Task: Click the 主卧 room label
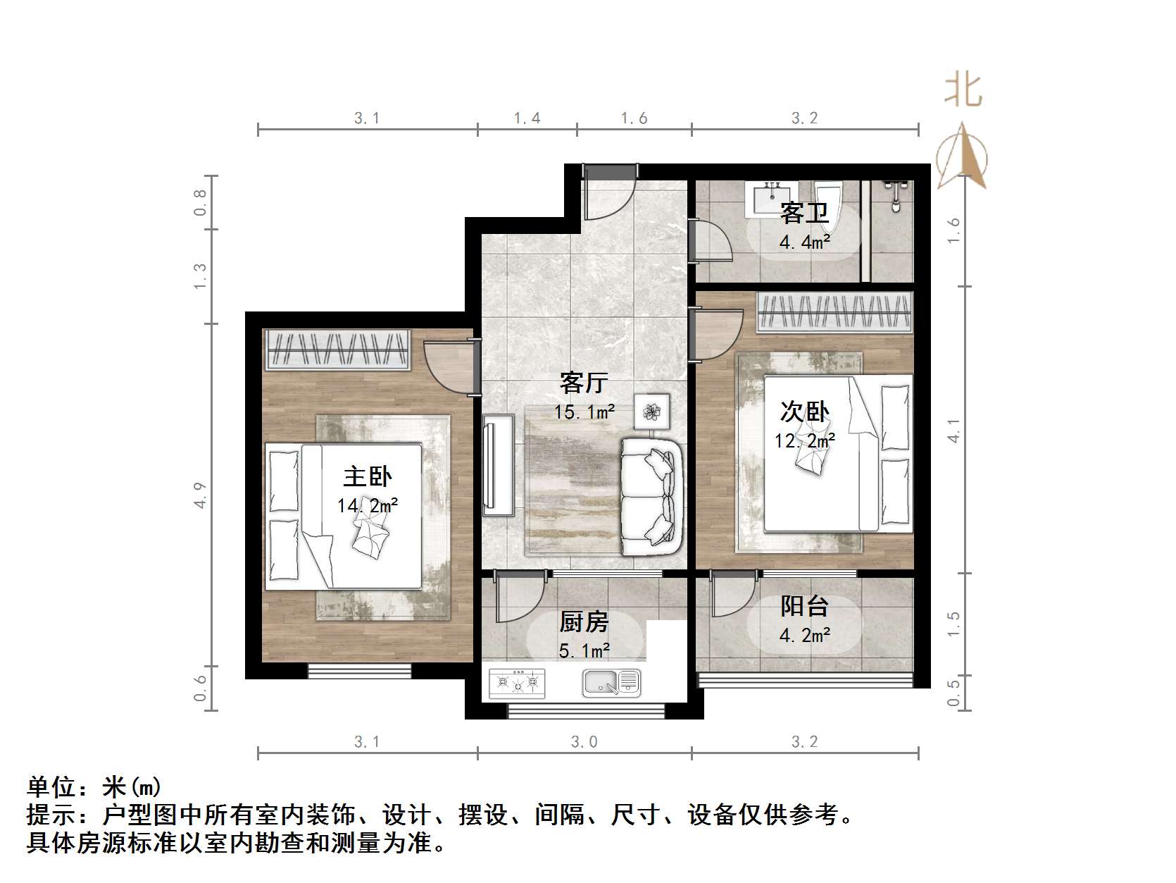pyautogui.click(x=367, y=477)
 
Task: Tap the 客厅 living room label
pyautogui.click(x=584, y=383)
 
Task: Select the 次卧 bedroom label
pyautogui.click(x=804, y=412)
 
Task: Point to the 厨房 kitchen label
pyautogui.click(x=583, y=622)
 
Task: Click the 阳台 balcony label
pyautogui.click(x=804, y=606)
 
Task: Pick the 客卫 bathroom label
pyautogui.click(x=804, y=212)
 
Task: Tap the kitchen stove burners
pyautogui.click(x=518, y=681)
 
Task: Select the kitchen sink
pyautogui.click(x=611, y=681)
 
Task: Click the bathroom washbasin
pyautogui.click(x=772, y=197)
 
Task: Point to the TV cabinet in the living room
pyautogui.click(x=498, y=465)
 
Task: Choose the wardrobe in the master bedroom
pyautogui.click(x=337, y=350)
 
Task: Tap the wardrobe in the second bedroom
pyautogui.click(x=834, y=311)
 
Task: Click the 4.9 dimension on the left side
pyautogui.click(x=201, y=495)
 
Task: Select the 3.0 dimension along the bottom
pyautogui.click(x=584, y=741)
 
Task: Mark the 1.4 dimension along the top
pyautogui.click(x=527, y=118)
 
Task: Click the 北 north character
pyautogui.click(x=963, y=90)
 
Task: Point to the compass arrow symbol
pyautogui.click(x=961, y=158)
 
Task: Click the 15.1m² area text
pyautogui.click(x=584, y=412)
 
